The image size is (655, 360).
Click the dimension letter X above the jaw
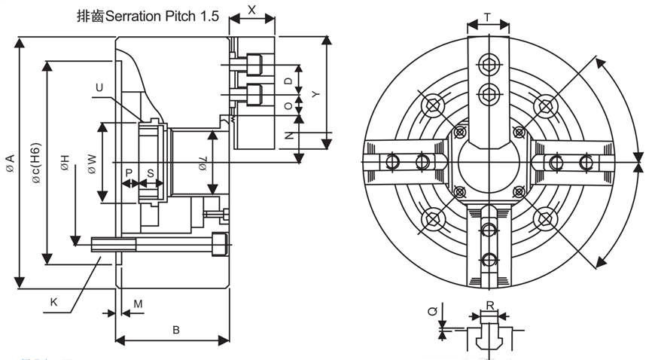251,10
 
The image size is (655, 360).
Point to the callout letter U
99,88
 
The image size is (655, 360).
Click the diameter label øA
9,163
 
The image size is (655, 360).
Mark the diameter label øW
90,164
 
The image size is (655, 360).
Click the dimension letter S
150,172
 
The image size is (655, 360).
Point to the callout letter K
53,302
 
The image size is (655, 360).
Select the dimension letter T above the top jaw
487,16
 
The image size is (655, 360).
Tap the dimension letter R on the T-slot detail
490,307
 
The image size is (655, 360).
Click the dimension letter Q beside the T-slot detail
431,310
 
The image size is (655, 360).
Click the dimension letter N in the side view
288,136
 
